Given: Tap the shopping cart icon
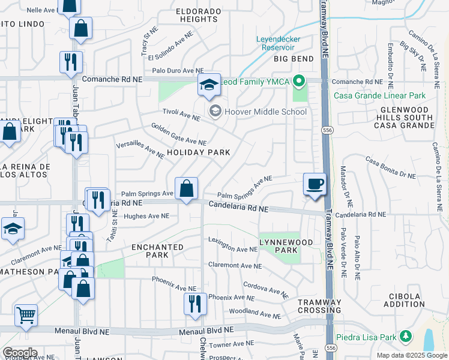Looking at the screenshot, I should tap(26, 315).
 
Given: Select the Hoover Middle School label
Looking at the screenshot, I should tap(265, 112).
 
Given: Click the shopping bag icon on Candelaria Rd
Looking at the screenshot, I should tap(187, 188).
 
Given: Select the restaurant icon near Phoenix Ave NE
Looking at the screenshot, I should tap(194, 303).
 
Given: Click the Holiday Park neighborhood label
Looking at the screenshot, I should tap(199, 152).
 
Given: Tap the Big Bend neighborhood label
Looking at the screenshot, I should tap(294, 59).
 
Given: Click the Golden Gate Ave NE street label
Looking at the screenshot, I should tap(178, 135).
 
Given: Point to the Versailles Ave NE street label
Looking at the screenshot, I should tap(140, 150).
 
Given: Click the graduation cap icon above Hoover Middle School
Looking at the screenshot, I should tap(209, 86).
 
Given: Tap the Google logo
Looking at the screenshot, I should tap(20, 353).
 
